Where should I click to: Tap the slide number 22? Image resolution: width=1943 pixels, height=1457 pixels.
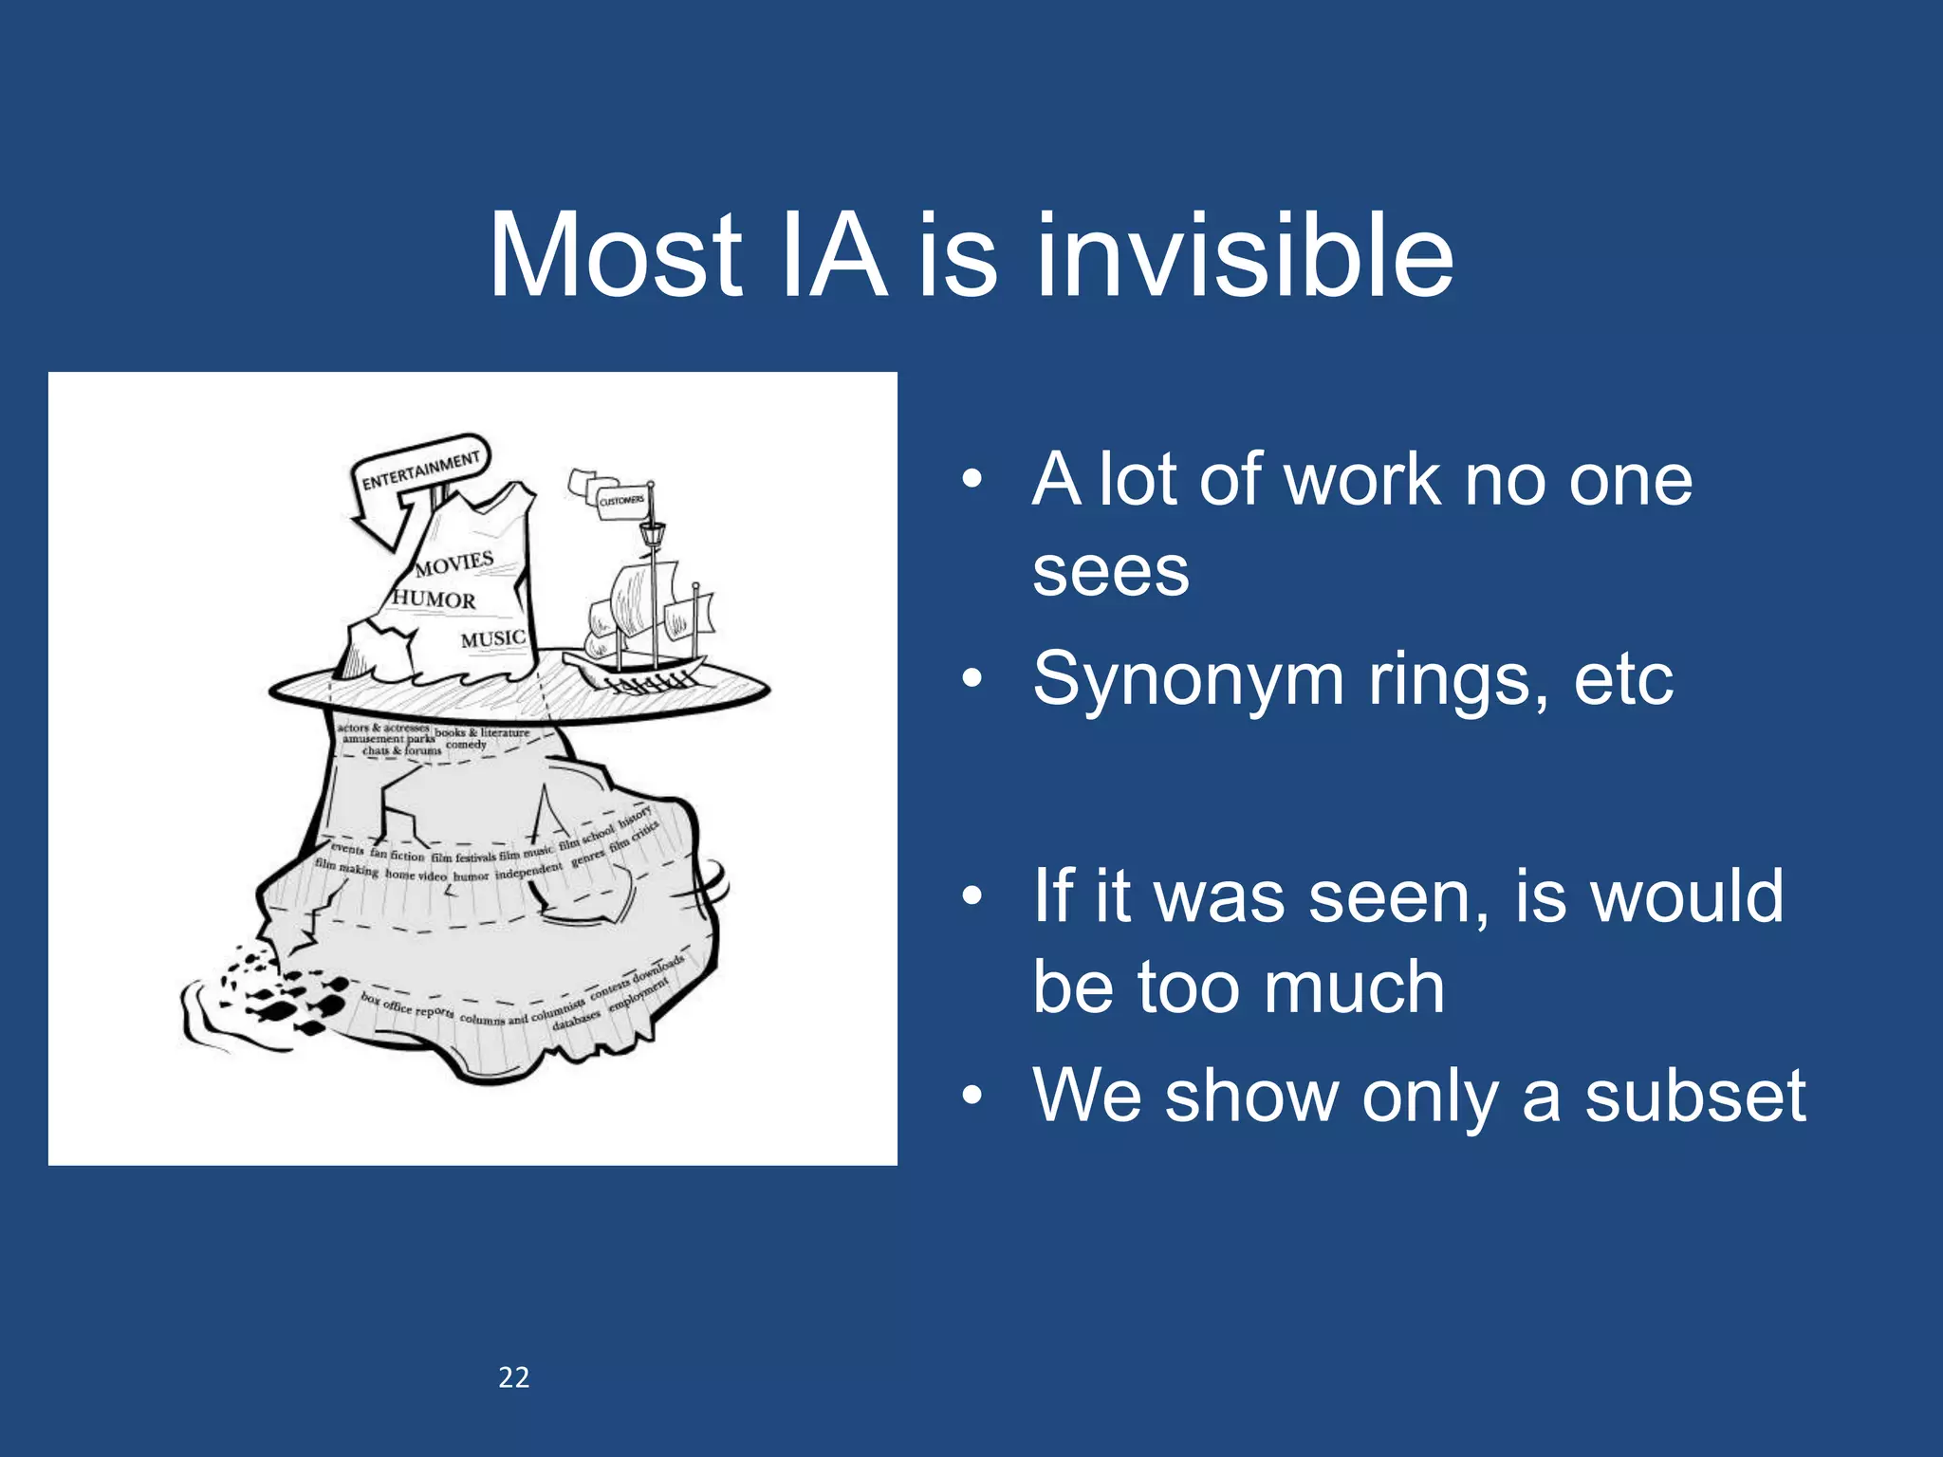pyautogui.click(x=513, y=1377)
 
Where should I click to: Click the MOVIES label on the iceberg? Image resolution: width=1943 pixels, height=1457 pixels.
pyautogui.click(x=454, y=563)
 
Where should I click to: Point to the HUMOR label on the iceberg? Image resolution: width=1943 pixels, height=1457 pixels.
pyautogui.click(x=434, y=599)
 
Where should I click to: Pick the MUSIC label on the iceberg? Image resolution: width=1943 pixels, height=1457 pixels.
pyautogui.click(x=492, y=639)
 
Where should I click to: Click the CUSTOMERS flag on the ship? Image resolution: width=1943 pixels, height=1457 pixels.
pyautogui.click(x=621, y=501)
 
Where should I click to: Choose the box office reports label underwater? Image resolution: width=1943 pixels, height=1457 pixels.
pyautogui.click(x=407, y=1006)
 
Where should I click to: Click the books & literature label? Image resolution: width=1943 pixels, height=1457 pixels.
pyautogui.click(x=482, y=732)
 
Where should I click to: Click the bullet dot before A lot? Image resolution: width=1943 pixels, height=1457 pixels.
pyautogui.click(x=971, y=480)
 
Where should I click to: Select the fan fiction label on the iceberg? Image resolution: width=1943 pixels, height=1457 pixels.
pyautogui.click(x=397, y=856)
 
